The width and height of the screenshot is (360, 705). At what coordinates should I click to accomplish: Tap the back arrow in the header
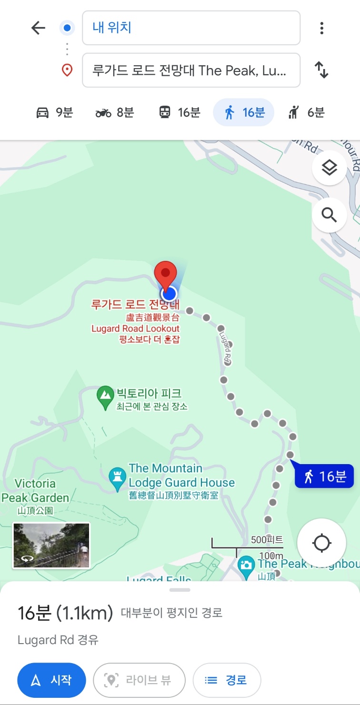click(38, 28)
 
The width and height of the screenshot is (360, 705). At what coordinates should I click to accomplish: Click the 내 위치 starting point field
click(191, 28)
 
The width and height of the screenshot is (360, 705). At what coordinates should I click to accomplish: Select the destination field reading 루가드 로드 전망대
click(191, 70)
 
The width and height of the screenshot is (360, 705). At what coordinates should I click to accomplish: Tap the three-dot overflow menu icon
click(322, 28)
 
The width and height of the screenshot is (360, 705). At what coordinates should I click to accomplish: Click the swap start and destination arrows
click(322, 70)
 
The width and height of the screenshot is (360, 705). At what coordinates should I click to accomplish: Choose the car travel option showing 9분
click(55, 113)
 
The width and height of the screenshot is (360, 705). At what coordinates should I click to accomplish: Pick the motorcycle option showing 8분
click(115, 113)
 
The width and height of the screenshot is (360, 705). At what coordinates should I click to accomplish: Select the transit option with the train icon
click(179, 113)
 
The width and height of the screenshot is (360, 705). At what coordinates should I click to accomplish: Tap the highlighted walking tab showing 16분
click(244, 113)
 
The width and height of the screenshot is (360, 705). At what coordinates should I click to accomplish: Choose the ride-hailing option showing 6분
click(306, 113)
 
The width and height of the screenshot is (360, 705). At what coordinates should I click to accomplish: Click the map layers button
click(329, 168)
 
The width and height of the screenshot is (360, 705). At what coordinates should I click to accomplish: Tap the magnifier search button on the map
click(329, 215)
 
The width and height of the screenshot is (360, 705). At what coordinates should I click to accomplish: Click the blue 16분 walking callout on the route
click(325, 476)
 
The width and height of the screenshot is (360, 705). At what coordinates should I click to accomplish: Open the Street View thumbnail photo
click(51, 545)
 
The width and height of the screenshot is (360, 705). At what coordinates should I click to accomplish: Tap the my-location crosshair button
click(321, 543)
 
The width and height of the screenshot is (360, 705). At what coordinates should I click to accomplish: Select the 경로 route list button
click(227, 680)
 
